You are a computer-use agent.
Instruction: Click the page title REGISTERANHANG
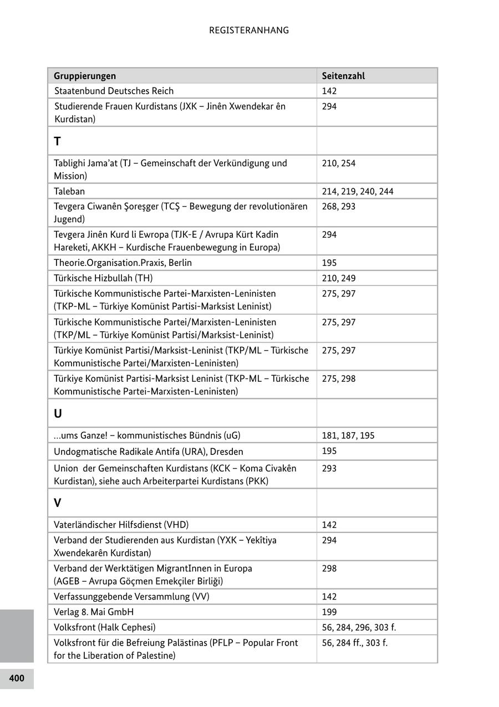pos(249,30)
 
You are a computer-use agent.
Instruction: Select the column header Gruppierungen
pos(85,76)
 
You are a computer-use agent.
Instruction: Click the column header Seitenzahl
pos(343,76)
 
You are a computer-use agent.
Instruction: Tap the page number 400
pos(17,678)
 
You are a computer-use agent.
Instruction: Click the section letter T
pos(57,141)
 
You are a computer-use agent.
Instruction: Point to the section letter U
pos(58,414)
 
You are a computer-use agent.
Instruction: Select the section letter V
pos(57,503)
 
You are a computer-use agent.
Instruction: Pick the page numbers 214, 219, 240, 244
pos(358,192)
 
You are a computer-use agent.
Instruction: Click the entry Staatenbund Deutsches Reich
pos(114,91)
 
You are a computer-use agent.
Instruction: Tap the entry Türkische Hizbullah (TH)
pos(103,278)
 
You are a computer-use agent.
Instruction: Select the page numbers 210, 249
pos(339,278)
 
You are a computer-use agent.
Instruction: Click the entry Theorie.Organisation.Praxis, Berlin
pos(123,263)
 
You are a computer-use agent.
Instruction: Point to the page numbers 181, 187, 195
pos(348,436)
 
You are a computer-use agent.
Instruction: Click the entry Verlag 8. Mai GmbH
pos(94,612)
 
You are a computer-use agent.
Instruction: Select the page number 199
pos(329,612)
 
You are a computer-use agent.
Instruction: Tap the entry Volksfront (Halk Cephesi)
pos(105,627)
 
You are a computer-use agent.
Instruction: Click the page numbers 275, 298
pos(339,379)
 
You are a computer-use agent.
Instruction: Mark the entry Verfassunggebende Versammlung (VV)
pos(131,597)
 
